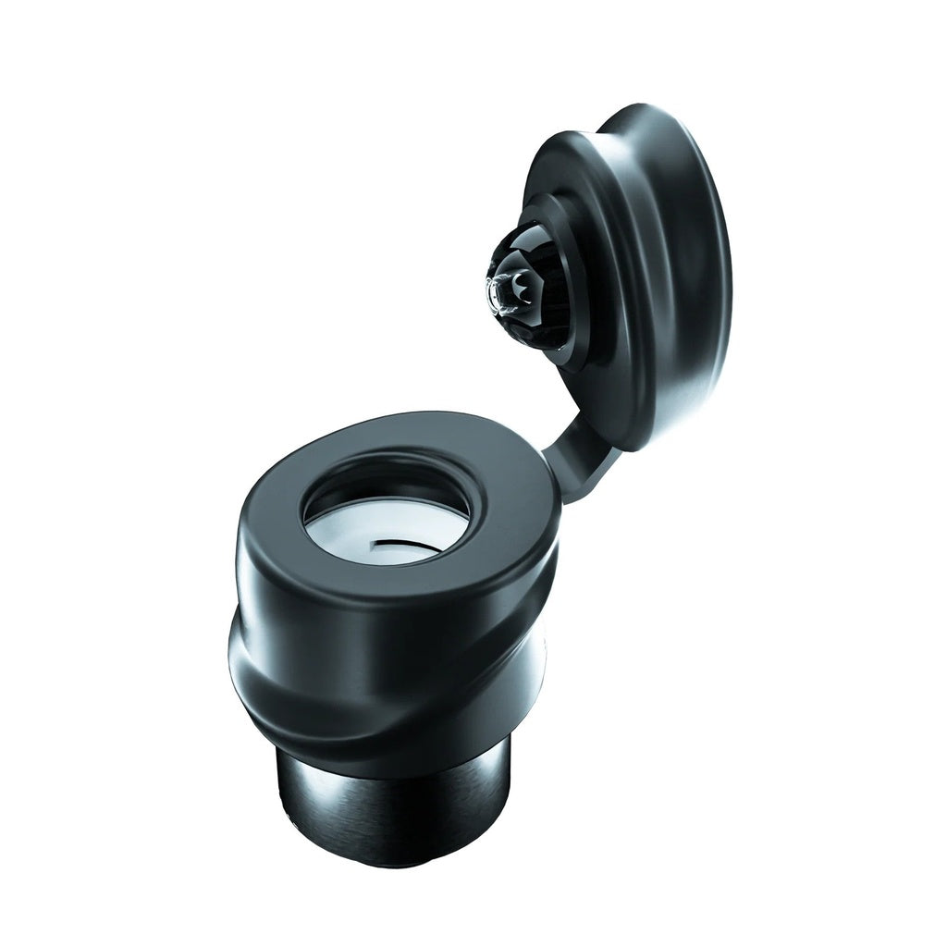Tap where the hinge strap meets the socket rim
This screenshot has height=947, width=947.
(x=551, y=472)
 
